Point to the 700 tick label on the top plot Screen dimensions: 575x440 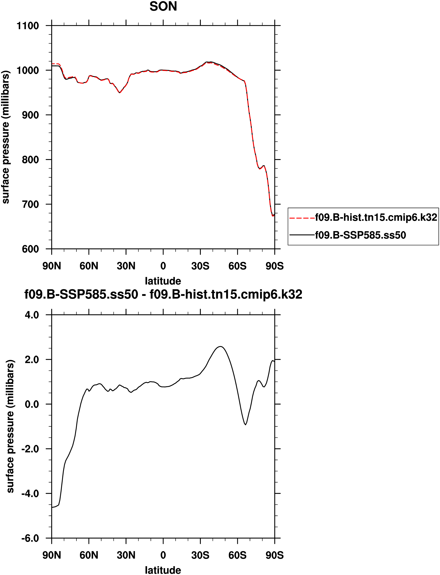tap(30, 204)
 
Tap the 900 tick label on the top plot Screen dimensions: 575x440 tap(30, 115)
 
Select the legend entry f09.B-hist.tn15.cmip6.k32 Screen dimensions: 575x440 tap(376, 217)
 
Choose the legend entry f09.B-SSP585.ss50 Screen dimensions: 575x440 tap(360, 235)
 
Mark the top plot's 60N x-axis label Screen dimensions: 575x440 tap(89, 266)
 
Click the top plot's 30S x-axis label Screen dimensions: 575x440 tap(200, 266)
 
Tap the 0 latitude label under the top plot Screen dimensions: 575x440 tap(163, 266)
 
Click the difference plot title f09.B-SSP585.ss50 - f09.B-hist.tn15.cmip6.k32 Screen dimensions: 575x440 tap(163, 294)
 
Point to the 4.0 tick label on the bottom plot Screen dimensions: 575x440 tap(32, 315)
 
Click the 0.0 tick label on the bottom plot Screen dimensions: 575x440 tap(32, 404)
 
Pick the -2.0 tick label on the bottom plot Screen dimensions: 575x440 tap(30, 449)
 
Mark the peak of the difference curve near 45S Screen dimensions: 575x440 tap(221, 346)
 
